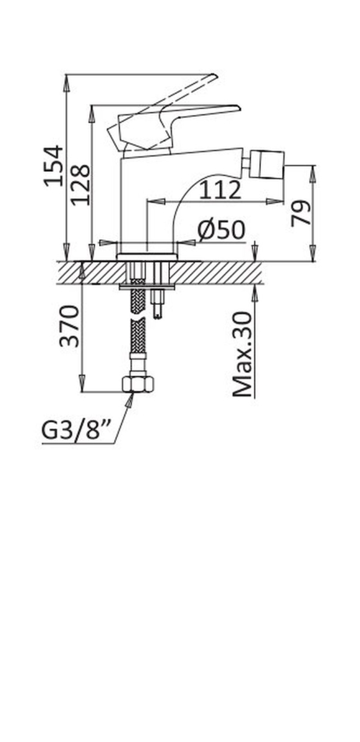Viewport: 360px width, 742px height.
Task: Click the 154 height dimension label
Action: click(54, 166)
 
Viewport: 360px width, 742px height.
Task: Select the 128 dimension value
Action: click(80, 185)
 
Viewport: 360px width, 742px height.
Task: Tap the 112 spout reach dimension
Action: click(220, 190)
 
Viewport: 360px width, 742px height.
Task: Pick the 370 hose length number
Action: click(69, 326)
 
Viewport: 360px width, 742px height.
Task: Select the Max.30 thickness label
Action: click(242, 354)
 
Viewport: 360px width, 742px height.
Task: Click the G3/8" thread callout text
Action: click(75, 430)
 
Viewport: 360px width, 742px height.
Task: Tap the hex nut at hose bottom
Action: click(139, 384)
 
